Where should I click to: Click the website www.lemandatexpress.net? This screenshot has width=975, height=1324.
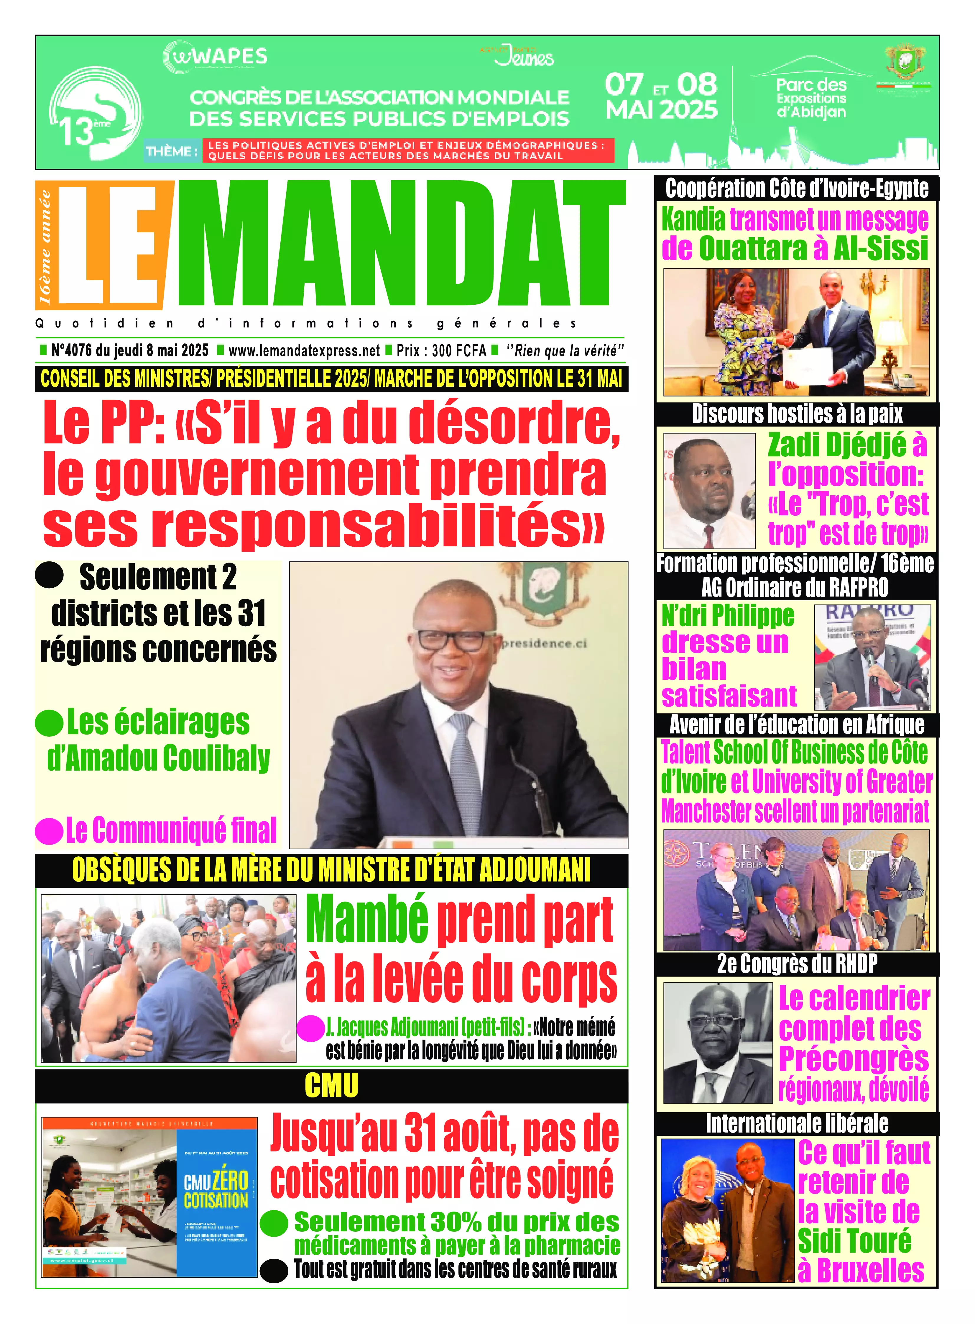click(304, 351)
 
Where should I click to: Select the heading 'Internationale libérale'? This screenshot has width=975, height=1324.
click(797, 1123)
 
